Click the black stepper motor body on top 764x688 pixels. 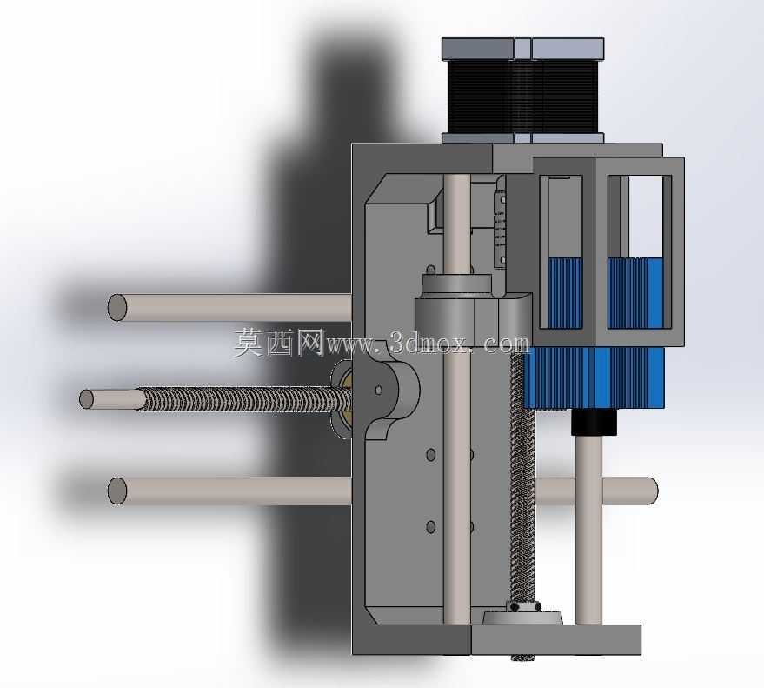point(523,97)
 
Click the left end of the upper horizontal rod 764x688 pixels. point(117,307)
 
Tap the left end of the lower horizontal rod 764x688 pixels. point(117,491)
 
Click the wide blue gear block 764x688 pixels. point(594,377)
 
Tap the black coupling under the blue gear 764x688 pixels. point(594,422)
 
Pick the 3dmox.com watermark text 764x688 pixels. point(428,343)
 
